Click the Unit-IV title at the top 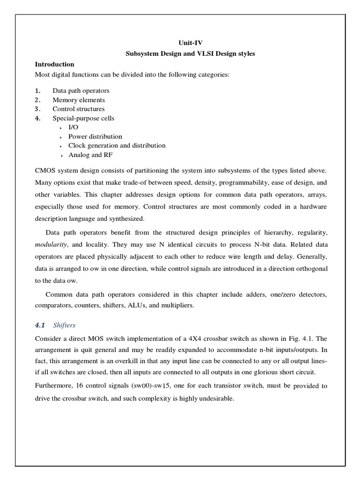click(190, 43)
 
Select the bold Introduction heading click(55, 64)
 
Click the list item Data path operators click(81, 90)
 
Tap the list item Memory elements click(78, 100)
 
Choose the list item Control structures click(78, 109)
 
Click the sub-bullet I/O click(73, 127)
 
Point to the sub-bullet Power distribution click(95, 136)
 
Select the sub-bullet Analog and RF click(90, 155)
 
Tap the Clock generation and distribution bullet click(117, 145)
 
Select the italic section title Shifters click(64, 325)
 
